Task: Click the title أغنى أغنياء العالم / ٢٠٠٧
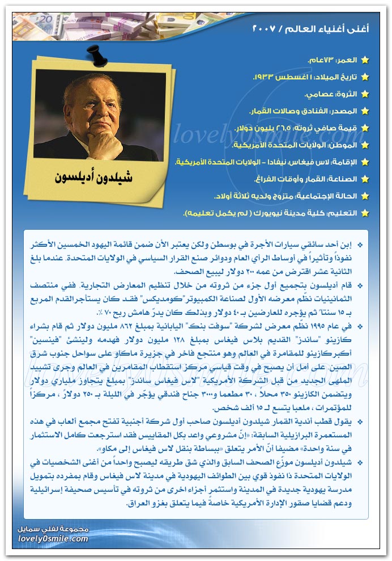pyautogui.click(x=310, y=28)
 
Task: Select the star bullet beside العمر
pyautogui.click(x=365, y=60)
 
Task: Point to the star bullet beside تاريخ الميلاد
pyautogui.click(x=365, y=77)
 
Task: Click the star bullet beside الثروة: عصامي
pyautogui.click(x=365, y=94)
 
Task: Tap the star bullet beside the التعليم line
pyautogui.click(x=365, y=213)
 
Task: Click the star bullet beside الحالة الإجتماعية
pyautogui.click(x=365, y=196)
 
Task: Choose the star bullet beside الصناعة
pyautogui.click(x=365, y=179)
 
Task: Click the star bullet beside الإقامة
pyautogui.click(x=365, y=162)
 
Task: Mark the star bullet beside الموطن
pyautogui.click(x=365, y=145)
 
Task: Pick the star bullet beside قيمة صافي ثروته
pyautogui.click(x=365, y=128)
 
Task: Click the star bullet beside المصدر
pyautogui.click(x=365, y=111)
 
